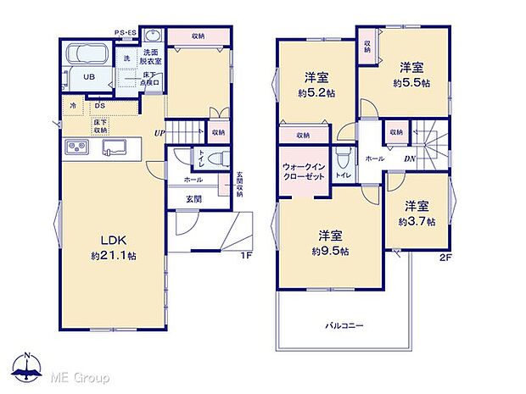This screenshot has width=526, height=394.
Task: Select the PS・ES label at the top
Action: pos(126,33)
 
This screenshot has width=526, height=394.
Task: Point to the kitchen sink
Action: pos(112,149)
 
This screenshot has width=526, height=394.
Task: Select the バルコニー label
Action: pos(344,325)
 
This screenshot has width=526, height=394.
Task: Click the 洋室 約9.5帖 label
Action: pos(329,242)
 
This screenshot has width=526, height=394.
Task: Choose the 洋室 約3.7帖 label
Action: pos(417,214)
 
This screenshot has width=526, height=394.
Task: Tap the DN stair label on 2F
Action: pos(409,158)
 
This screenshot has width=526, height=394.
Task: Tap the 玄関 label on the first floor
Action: pos(193,199)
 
